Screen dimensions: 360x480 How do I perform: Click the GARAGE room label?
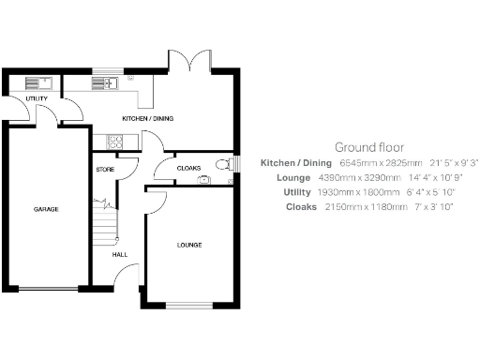tap(47, 209)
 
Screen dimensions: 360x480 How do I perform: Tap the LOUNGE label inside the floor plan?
tap(190, 245)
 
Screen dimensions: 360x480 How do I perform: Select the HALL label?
tap(120, 254)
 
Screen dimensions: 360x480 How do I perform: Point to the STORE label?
tap(105, 170)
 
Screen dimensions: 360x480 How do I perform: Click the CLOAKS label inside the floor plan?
tap(189, 169)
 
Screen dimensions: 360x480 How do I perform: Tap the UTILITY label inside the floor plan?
tap(37, 98)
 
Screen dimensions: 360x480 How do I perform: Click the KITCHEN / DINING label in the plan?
tap(148, 119)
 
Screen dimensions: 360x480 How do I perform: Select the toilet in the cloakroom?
tap(221, 166)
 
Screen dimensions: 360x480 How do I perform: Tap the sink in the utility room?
tap(20, 83)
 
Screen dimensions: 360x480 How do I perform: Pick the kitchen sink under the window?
tap(104, 83)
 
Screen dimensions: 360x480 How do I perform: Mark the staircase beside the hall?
tap(106, 225)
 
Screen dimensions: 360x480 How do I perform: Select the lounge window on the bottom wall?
tap(190, 306)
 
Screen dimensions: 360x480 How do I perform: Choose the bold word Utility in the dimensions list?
tap(298, 191)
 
